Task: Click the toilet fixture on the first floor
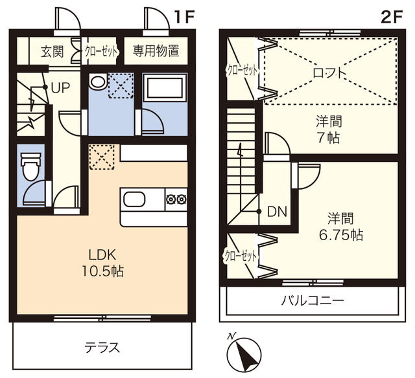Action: pyautogui.click(x=30, y=166)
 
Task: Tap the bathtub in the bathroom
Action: pyautogui.click(x=165, y=87)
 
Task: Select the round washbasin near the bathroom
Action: pyautogui.click(x=98, y=82)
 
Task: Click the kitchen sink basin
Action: pyautogui.click(x=134, y=199)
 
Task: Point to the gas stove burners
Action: pyautogui.click(x=176, y=199)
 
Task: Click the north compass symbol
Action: pyautogui.click(x=244, y=353)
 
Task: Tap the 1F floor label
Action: pyautogui.click(x=184, y=17)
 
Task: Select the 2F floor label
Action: pyautogui.click(x=392, y=17)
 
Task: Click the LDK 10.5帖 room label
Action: pyautogui.click(x=102, y=263)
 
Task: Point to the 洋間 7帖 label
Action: pyautogui.click(x=329, y=129)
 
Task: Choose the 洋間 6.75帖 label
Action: pyautogui.click(x=341, y=227)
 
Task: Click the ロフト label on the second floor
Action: pyautogui.click(x=329, y=72)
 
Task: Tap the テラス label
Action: pyautogui.click(x=102, y=348)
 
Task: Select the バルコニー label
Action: pyautogui.click(x=313, y=300)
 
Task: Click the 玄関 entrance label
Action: pyautogui.click(x=53, y=52)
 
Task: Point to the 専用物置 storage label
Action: pyautogui.click(x=156, y=50)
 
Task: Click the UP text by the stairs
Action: pyautogui.click(x=60, y=87)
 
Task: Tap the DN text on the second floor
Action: pyautogui.click(x=277, y=212)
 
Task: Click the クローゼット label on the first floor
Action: pyautogui.click(x=101, y=52)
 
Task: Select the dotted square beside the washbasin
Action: pyautogui.click(x=121, y=85)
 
